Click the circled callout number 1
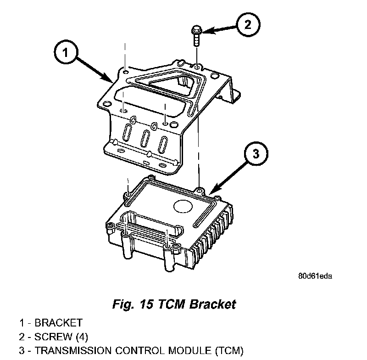(65, 52)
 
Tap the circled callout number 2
(248, 25)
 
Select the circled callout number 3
(256, 154)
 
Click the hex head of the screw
(197, 30)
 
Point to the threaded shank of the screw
(197, 40)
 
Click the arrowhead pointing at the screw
(208, 31)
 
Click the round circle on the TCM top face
(183, 206)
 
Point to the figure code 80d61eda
(315, 276)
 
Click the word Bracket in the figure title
(212, 304)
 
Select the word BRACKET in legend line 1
(59, 323)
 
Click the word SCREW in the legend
(53, 337)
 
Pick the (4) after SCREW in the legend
(82, 337)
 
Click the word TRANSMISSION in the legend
(73, 351)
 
